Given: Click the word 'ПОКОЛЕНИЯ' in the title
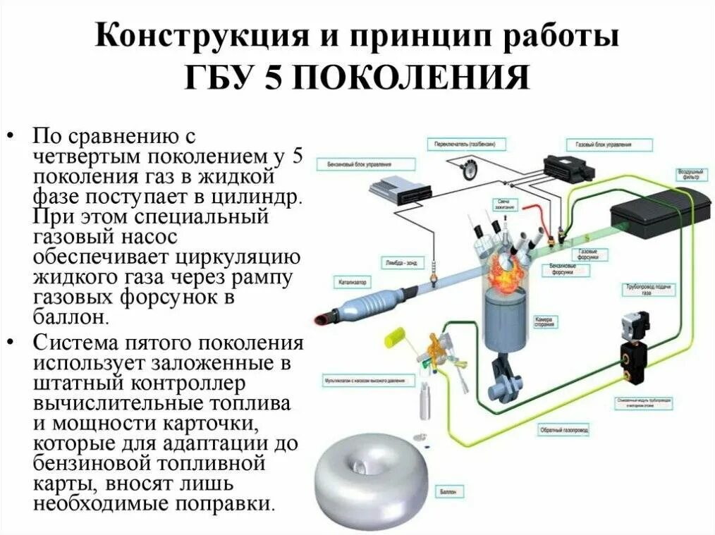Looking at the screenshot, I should click(x=408, y=77).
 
